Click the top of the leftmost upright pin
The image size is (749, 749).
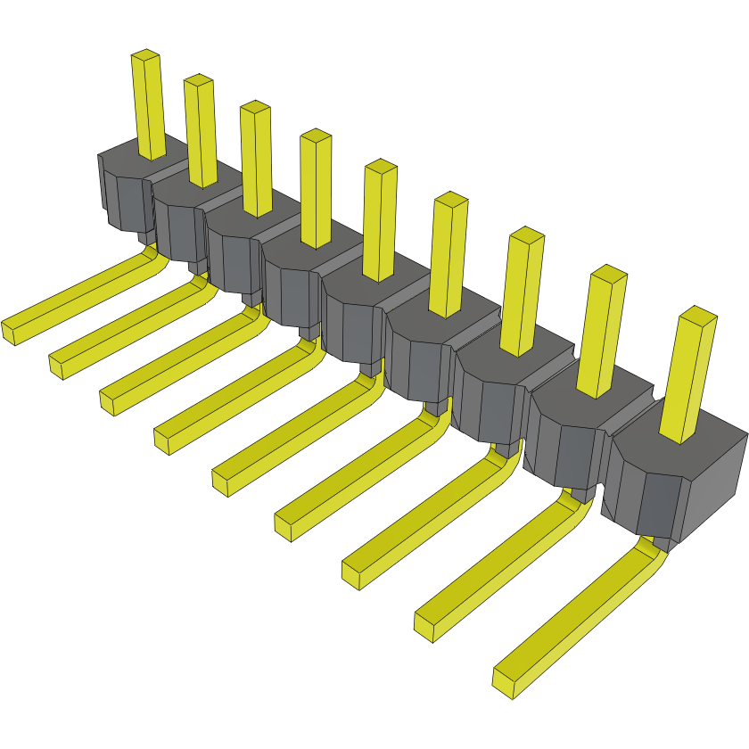tap(145, 56)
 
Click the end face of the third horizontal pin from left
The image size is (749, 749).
tap(107, 402)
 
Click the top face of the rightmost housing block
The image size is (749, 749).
tap(660, 450)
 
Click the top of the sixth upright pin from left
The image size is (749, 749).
tap(451, 201)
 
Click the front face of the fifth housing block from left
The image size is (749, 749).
tap(352, 330)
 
